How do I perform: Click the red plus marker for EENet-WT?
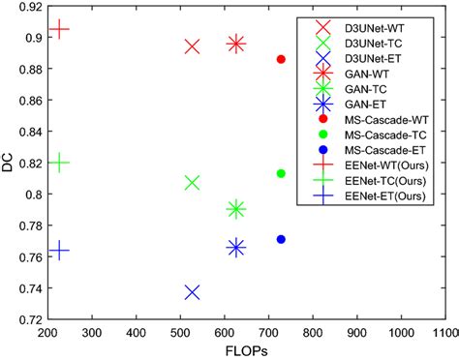click(59, 30)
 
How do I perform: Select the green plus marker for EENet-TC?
click(59, 163)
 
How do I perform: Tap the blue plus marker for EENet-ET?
click(59, 251)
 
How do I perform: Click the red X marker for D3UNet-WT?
click(192, 46)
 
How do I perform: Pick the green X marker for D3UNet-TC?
click(192, 183)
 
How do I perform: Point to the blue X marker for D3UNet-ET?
click(192, 291)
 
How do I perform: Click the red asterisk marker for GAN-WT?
click(236, 44)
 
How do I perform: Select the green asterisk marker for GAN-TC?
click(236, 209)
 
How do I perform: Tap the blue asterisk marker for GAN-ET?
click(236, 248)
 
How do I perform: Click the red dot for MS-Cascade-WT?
click(281, 59)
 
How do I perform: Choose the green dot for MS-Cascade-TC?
click(281, 173)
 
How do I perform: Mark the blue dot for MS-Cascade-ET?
click(281, 239)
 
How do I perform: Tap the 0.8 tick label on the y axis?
click(35, 195)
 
